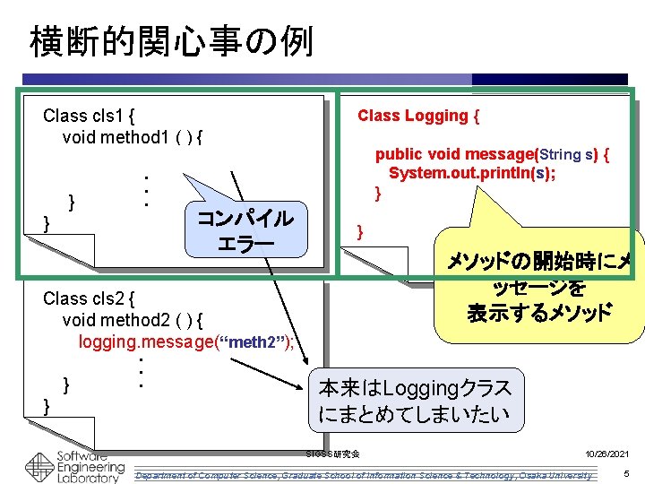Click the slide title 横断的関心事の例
171,40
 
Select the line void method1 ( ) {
133,137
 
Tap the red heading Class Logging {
418,116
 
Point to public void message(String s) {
492,154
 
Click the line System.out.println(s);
471,173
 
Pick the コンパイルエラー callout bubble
245,230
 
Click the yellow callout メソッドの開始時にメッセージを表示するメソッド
538,287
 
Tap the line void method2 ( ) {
133,320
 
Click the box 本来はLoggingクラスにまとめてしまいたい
415,402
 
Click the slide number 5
626,472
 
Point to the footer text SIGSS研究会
332,454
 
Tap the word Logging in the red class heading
436,116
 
